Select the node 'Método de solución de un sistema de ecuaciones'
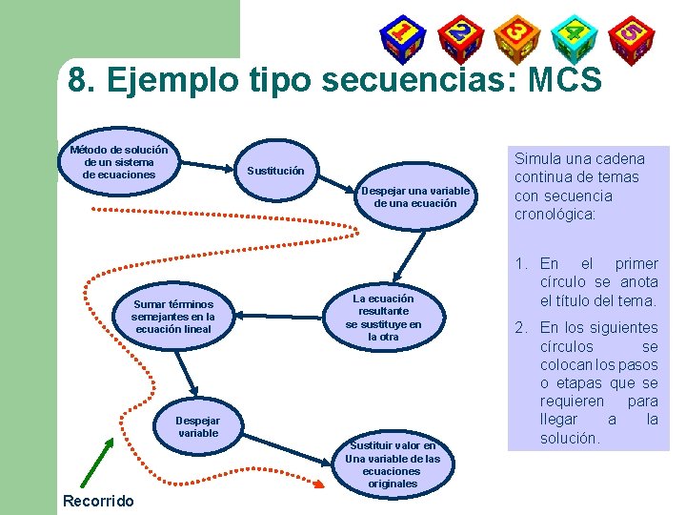coord(119,162)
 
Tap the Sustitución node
coord(275,172)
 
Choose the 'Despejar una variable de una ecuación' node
coord(414,196)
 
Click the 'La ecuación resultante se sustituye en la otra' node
coord(383,318)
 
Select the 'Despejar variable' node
coord(198,426)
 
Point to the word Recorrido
coord(98,501)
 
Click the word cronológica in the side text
coord(555,215)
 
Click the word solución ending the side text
coord(570,438)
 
